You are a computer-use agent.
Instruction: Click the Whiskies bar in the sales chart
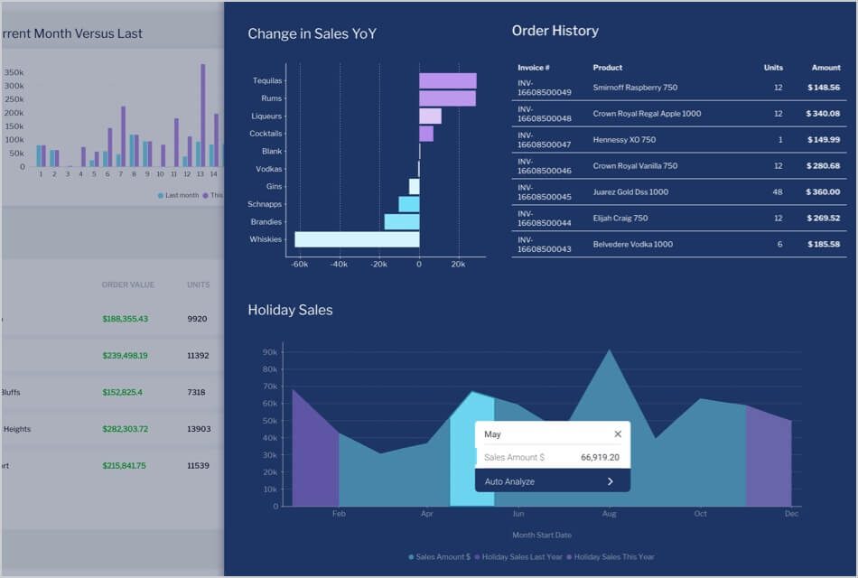coord(357,239)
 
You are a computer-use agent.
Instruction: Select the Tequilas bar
coord(447,80)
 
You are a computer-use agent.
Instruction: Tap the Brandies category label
coord(266,222)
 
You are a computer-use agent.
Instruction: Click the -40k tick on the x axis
coord(339,265)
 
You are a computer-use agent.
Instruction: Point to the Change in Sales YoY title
coord(312,34)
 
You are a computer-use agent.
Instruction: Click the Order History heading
coord(555,31)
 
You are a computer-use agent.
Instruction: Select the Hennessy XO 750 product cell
coord(624,140)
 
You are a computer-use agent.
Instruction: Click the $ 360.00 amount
coord(823,192)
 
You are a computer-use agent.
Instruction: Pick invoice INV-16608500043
coord(544,244)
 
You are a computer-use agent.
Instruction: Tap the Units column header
coord(773,68)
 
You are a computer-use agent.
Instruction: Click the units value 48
coord(778,192)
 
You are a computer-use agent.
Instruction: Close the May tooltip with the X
coord(618,434)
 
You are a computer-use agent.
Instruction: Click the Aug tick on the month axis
coord(610,514)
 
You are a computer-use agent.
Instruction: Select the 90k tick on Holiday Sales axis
coord(270,352)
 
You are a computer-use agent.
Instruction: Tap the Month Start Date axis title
coord(542,536)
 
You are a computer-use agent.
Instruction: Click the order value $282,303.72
coord(125,429)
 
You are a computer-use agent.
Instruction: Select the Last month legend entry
coord(180,195)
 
